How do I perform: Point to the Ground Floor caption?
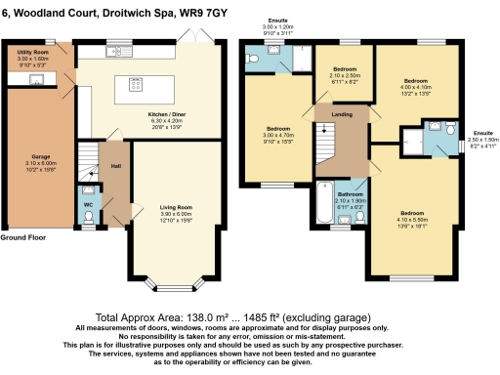click(24, 237)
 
